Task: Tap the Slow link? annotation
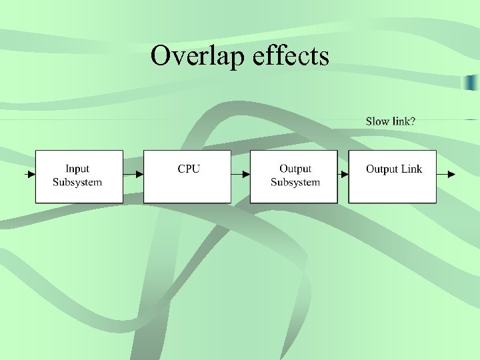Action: pyautogui.click(x=391, y=121)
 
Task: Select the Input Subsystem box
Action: pyautogui.click(x=79, y=176)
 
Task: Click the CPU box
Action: pyautogui.click(x=187, y=176)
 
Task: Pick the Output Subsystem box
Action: pyautogui.click(x=294, y=176)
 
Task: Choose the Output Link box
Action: pyautogui.click(x=393, y=176)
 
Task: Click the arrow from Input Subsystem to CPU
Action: pyautogui.click(x=133, y=175)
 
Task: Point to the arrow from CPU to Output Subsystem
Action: pyautogui.click(x=241, y=175)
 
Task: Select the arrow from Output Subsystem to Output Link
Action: pyautogui.click(x=343, y=175)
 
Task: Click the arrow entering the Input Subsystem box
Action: pyautogui.click(x=30, y=175)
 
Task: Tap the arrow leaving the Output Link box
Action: pyautogui.click(x=447, y=175)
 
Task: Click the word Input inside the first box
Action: pyautogui.click(x=77, y=169)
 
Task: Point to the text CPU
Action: pyautogui.click(x=188, y=169)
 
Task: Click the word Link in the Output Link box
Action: pyautogui.click(x=411, y=169)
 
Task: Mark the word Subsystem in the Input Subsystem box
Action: pyautogui.click(x=77, y=182)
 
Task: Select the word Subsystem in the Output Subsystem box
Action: pyautogui.click(x=295, y=182)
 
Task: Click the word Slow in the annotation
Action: pyautogui.click(x=377, y=121)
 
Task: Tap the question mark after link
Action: pyautogui.click(x=413, y=121)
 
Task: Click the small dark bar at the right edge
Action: pyautogui.click(x=471, y=82)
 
